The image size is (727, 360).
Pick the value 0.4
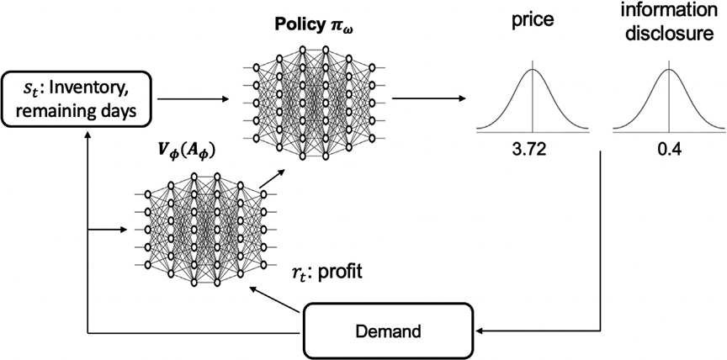coord(669,151)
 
